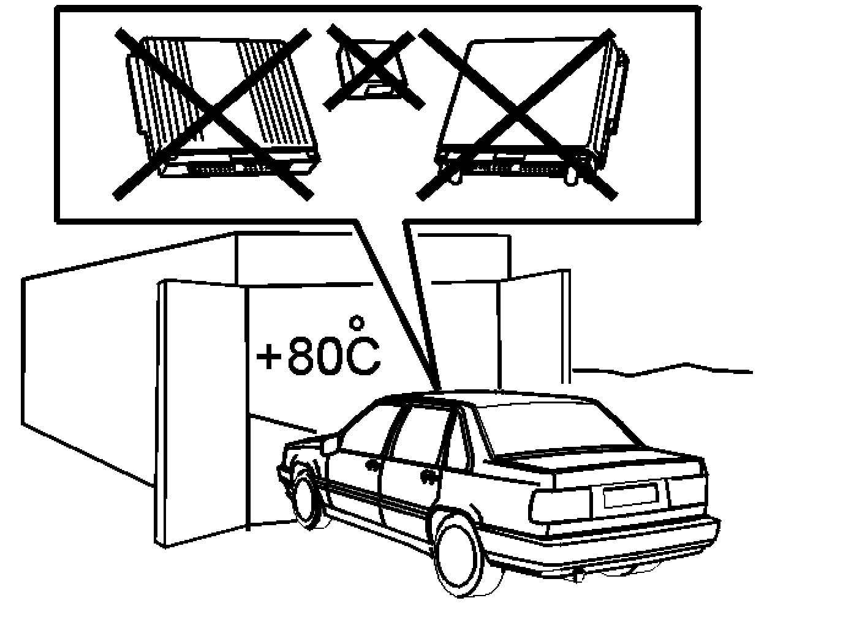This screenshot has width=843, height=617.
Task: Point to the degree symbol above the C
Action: click(x=357, y=321)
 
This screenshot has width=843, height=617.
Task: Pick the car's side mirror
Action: click(x=329, y=444)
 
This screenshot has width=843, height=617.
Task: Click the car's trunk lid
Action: click(x=607, y=465)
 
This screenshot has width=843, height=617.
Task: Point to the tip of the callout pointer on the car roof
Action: click(x=439, y=388)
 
